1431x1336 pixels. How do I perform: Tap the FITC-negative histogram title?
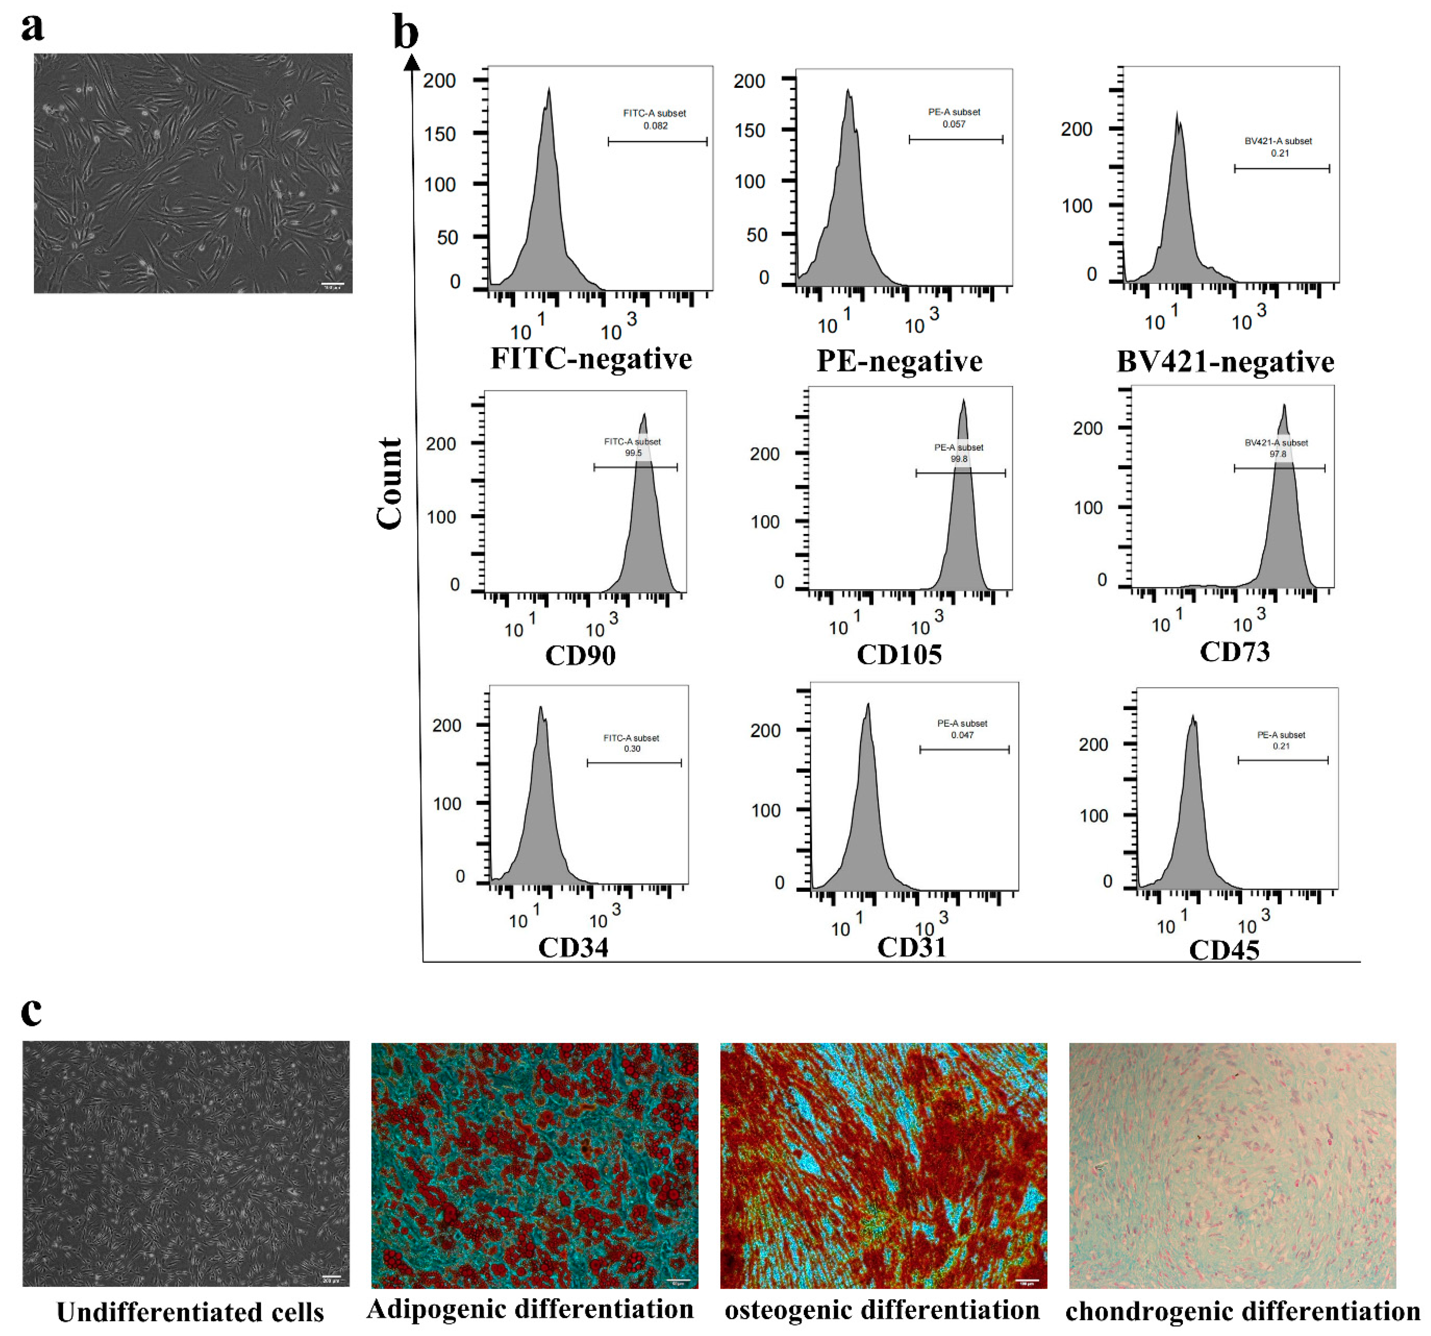(x=591, y=359)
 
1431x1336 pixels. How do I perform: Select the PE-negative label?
(x=899, y=361)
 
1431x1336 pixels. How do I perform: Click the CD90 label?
(x=580, y=655)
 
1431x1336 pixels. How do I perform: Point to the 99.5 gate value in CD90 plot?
(x=634, y=453)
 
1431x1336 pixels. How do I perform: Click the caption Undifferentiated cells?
(x=190, y=1312)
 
